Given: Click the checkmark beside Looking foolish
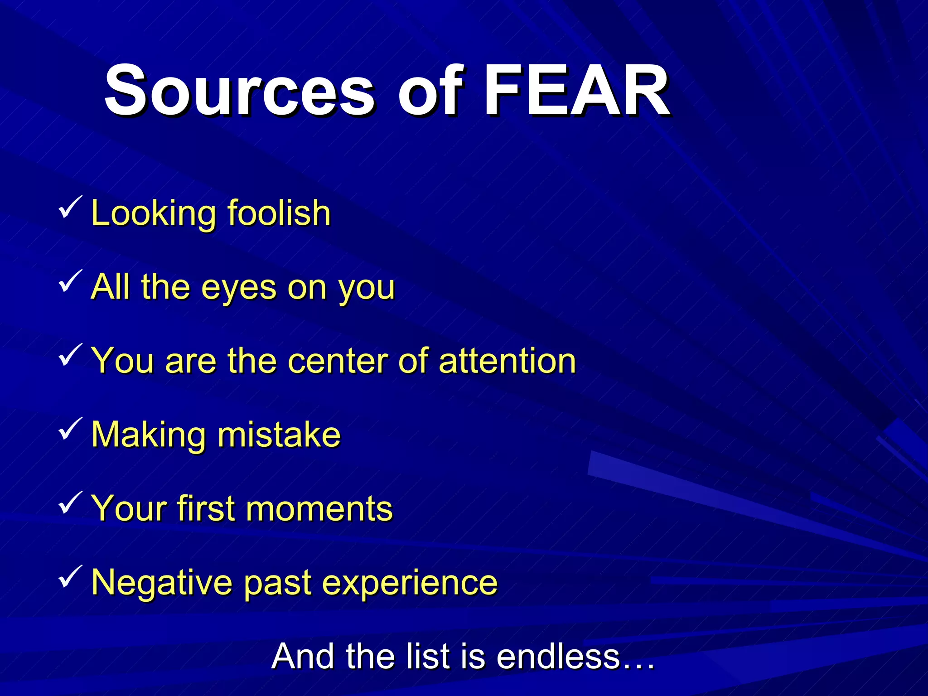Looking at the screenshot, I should point(70,207).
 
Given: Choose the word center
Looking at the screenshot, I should point(337,361).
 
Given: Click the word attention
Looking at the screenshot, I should point(507,361).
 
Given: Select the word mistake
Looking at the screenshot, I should point(279,435).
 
